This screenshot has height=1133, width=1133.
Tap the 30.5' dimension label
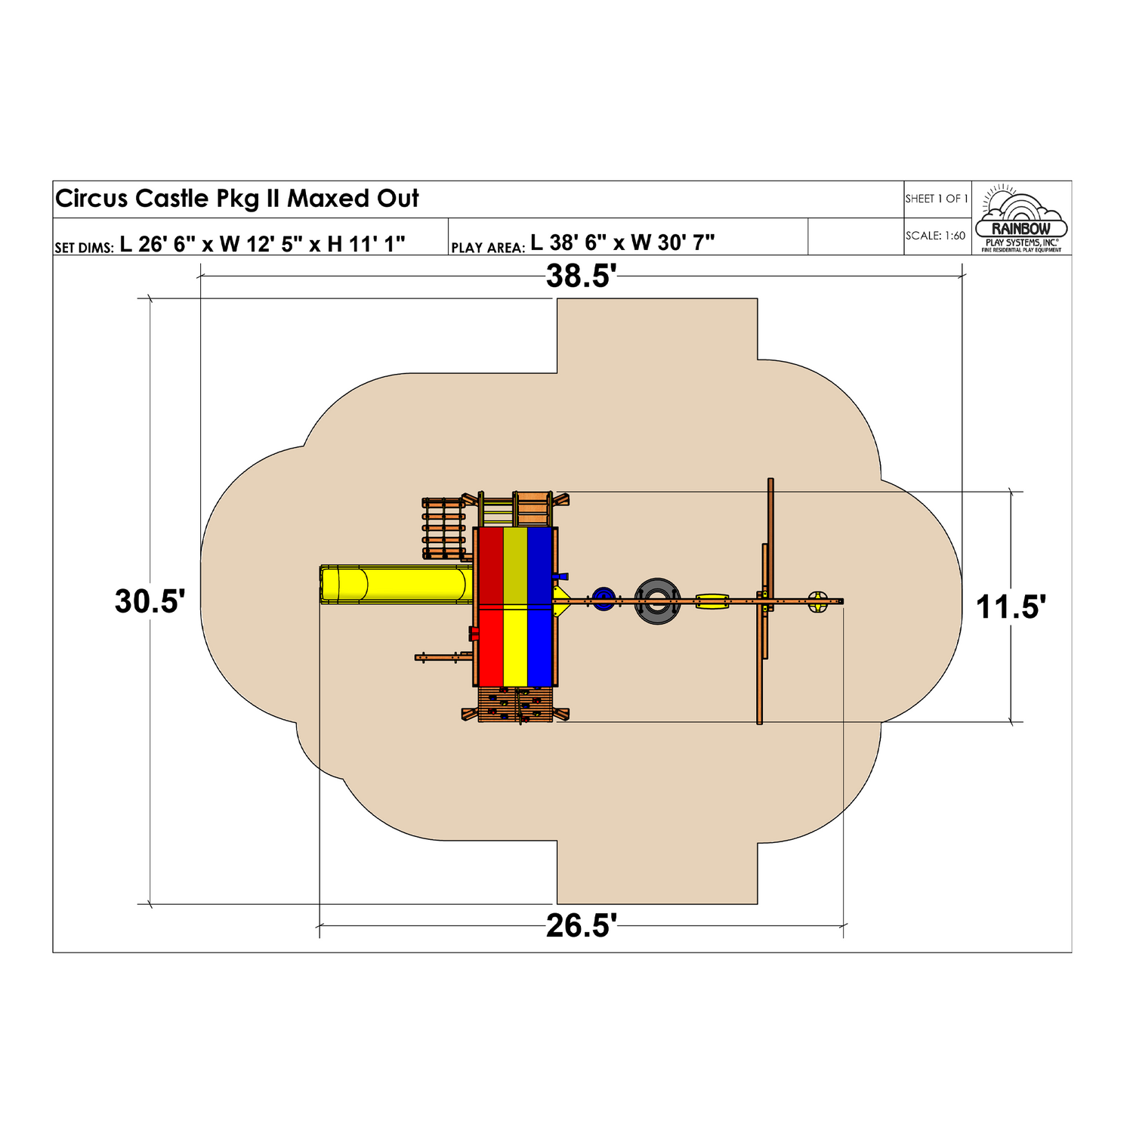[x=150, y=602]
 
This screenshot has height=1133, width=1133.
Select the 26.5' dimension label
[x=582, y=926]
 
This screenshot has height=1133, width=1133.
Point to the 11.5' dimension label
[x=1011, y=607]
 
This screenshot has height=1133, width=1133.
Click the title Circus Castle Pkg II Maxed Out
[x=237, y=199]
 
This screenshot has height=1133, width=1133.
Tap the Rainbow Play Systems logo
[x=1021, y=218]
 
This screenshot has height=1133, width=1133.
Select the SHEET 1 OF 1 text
[x=937, y=199]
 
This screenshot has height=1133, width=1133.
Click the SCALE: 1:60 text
[x=936, y=236]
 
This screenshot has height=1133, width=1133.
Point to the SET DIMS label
[x=84, y=248]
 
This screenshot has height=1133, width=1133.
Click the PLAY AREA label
[x=488, y=248]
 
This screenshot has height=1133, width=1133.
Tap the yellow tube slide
[x=397, y=584]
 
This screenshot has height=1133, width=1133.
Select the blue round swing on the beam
[x=603, y=600]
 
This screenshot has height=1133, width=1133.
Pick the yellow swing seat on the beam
[x=712, y=601]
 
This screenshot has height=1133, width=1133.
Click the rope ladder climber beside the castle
[x=444, y=529]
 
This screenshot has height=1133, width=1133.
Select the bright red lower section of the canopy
[x=491, y=647]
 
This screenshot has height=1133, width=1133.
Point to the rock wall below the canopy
[x=516, y=704]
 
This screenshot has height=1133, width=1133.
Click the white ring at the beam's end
[x=817, y=602]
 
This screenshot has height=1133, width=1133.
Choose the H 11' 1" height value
[x=366, y=243]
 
